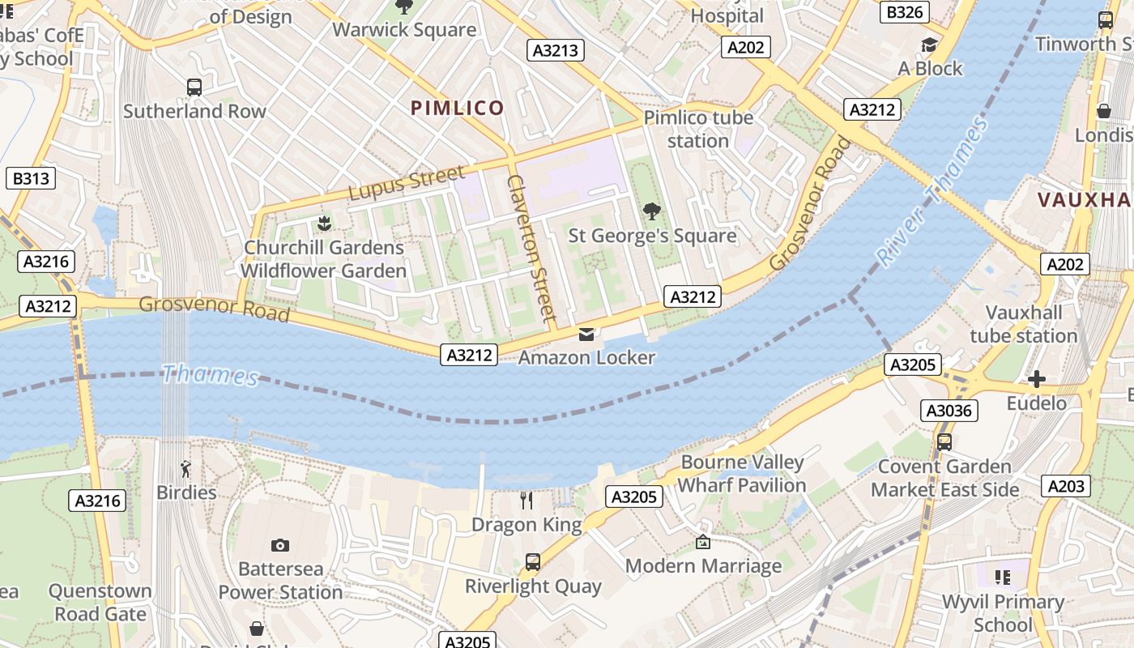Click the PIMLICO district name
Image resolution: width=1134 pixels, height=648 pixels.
click(457, 108)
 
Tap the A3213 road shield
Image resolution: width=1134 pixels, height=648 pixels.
click(556, 50)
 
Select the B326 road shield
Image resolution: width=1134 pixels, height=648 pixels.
click(905, 12)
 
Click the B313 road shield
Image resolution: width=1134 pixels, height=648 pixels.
click(30, 178)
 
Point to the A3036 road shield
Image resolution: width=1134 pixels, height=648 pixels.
click(949, 411)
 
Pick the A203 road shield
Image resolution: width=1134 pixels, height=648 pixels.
click(1066, 485)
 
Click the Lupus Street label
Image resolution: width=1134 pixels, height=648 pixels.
click(407, 182)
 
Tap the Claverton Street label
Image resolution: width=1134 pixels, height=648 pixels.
click(531, 247)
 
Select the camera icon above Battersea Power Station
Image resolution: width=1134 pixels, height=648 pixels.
click(280, 545)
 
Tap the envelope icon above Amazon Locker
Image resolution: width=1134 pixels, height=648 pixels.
click(586, 334)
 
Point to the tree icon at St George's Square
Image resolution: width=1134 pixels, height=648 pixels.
click(651, 212)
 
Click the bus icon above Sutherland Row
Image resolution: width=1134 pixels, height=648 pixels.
click(194, 87)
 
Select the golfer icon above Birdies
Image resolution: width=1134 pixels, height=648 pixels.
click(186, 469)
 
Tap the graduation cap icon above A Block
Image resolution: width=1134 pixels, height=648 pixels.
click(929, 45)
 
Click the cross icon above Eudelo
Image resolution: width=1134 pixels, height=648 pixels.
click(1036, 379)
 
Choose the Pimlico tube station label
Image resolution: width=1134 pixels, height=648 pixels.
click(698, 129)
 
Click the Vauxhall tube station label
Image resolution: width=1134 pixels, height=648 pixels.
click(1023, 324)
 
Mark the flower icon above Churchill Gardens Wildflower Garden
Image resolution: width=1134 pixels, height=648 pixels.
click(324, 224)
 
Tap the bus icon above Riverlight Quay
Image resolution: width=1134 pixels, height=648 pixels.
click(533, 561)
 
